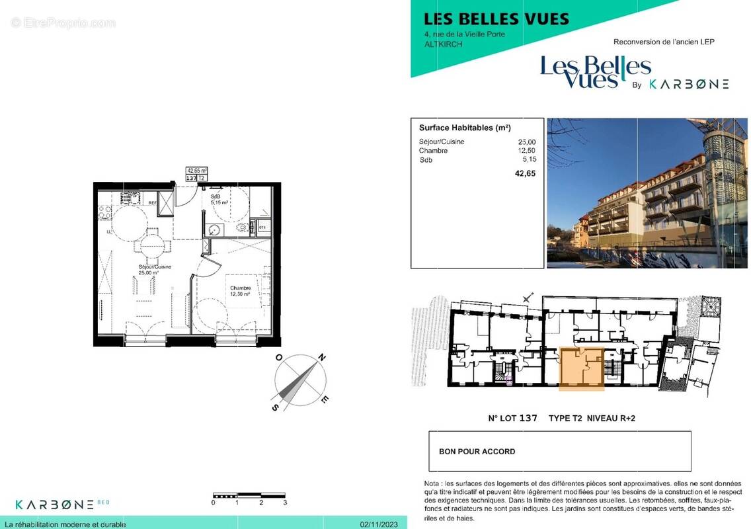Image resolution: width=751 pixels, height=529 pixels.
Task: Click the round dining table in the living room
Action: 151,246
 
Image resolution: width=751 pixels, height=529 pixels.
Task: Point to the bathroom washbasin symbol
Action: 214,230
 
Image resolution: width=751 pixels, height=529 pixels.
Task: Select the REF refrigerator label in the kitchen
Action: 151,203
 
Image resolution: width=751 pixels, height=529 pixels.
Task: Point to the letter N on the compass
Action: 321,358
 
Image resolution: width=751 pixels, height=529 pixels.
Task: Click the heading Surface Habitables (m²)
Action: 464,128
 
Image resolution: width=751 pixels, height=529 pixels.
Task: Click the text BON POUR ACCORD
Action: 477,452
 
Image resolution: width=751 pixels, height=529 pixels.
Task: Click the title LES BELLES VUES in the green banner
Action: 496,19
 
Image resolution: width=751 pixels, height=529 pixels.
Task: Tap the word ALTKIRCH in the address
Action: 444,44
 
